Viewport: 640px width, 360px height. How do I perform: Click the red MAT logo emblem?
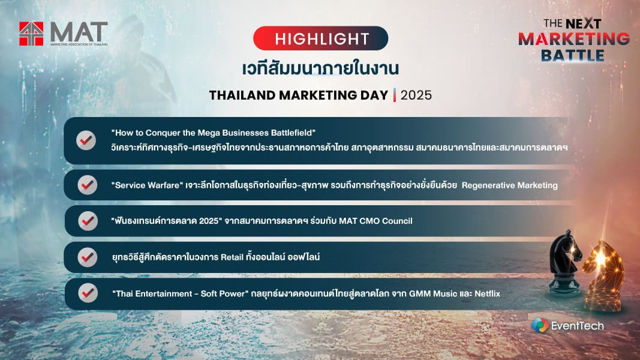pos(31,34)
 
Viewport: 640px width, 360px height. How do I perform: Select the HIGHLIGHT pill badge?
pos(320,38)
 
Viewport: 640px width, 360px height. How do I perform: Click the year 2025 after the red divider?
pos(416,95)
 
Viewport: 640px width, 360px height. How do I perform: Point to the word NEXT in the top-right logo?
pos(583,23)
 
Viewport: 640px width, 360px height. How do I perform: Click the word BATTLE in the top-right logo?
pos(573,55)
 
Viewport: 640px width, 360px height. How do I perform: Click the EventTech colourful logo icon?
pos(540,325)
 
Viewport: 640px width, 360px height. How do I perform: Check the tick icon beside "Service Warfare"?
pos(88,185)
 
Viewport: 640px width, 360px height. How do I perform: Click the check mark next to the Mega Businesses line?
pos(86,140)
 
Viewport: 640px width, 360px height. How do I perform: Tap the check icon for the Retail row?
pos(88,257)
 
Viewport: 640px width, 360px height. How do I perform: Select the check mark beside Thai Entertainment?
pos(88,293)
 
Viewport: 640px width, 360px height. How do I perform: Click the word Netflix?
pos(487,293)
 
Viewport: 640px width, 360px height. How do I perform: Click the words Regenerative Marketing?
pos(509,185)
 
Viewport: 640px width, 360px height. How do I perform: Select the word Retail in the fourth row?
pos(232,257)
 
